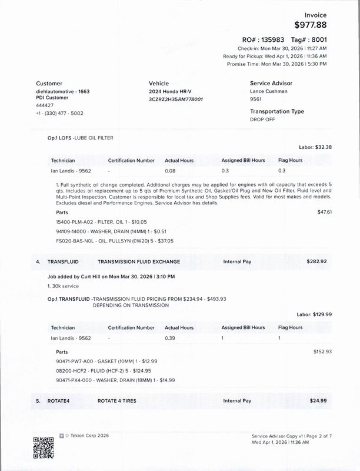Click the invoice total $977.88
tap(310, 25)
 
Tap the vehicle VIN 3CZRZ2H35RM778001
tap(176, 99)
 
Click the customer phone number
tap(59, 113)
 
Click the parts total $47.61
tap(325, 211)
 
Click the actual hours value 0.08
tap(170, 171)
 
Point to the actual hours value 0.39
tap(170, 339)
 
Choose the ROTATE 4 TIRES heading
tap(117, 401)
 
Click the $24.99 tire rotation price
tap(318, 401)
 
